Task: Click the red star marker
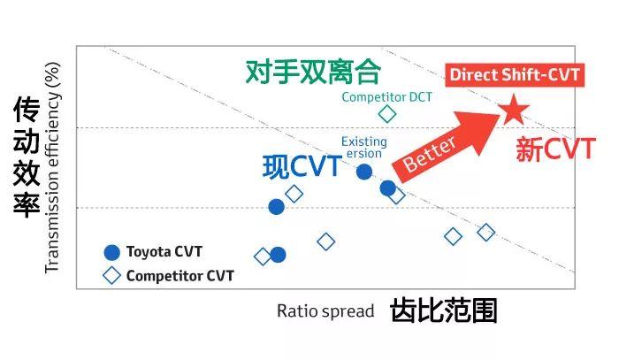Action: click(x=513, y=111)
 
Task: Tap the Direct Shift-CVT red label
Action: click(x=514, y=74)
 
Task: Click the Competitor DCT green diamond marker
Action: click(x=387, y=113)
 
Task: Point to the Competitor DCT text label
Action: click(x=386, y=96)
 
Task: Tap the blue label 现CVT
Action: click(x=302, y=166)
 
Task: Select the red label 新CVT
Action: click(x=555, y=149)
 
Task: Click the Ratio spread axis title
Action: click(x=319, y=310)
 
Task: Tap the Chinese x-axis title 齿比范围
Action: click(x=443, y=310)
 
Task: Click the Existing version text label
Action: click(x=363, y=147)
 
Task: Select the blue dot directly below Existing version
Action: click(x=364, y=171)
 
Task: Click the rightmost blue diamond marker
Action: click(x=485, y=232)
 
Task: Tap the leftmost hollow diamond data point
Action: click(x=263, y=257)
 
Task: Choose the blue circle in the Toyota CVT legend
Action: click(x=111, y=251)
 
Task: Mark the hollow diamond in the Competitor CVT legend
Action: click(x=111, y=275)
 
